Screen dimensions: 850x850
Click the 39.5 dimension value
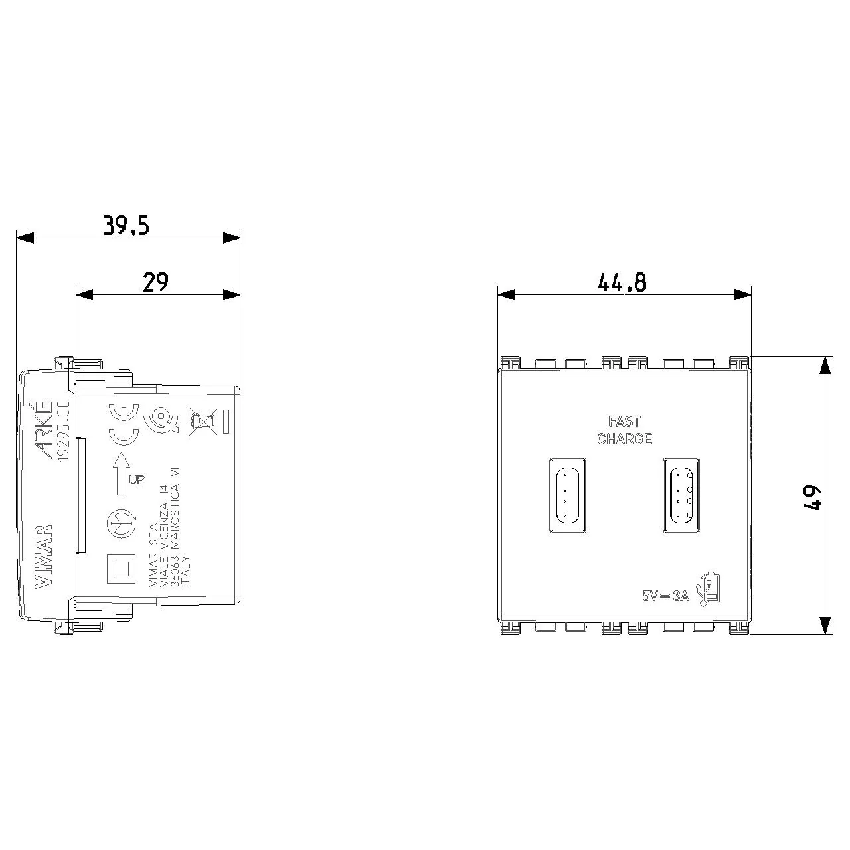coord(126,226)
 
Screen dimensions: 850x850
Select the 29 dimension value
coord(155,282)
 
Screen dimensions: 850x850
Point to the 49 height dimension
coord(811,496)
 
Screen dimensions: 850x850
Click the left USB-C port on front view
coord(567,495)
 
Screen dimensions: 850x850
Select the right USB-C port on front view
coord(681,495)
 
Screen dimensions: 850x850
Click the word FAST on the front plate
coord(624,422)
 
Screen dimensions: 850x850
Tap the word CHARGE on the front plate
coord(624,439)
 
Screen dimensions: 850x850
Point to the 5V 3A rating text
coord(666,596)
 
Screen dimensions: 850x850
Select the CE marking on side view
coord(124,425)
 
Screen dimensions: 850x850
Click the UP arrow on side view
coord(122,473)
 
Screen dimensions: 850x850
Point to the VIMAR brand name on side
coord(42,556)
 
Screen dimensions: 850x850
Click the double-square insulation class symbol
coord(121,568)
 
